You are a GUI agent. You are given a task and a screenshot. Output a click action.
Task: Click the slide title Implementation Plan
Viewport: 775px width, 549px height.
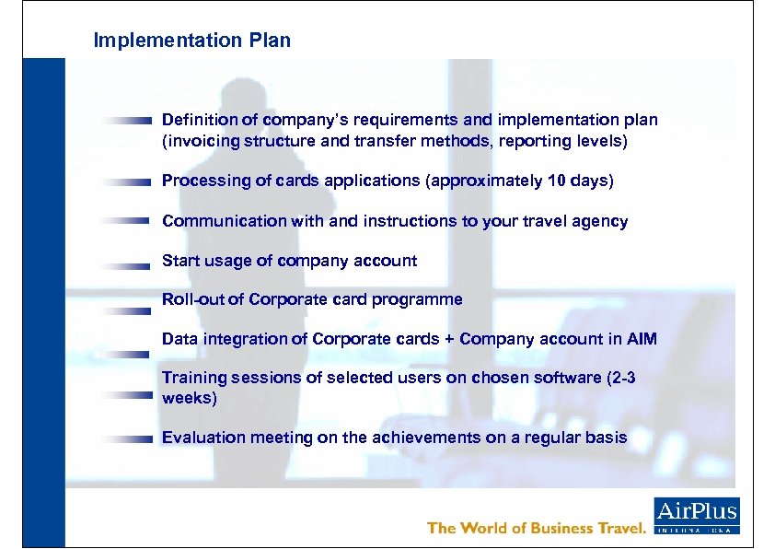[191, 41]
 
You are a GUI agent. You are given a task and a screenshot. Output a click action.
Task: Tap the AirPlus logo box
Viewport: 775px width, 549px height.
[697, 515]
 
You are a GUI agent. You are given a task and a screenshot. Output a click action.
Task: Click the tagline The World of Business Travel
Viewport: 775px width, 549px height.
[537, 528]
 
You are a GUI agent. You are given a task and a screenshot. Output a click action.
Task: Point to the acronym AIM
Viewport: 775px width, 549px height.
[642, 339]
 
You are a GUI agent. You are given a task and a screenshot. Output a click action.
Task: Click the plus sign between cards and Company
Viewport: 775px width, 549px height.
[448, 339]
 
